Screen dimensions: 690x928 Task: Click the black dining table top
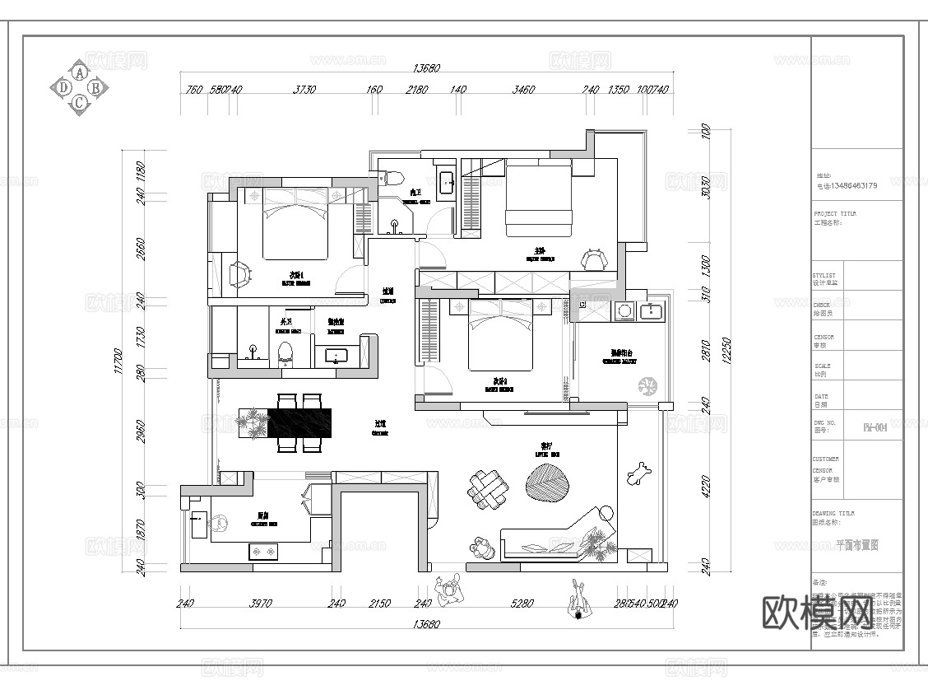(x=300, y=423)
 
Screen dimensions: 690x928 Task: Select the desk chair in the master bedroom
(x=594, y=260)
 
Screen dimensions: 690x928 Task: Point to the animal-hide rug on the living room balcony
(x=638, y=473)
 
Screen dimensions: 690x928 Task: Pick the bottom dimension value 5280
(x=523, y=604)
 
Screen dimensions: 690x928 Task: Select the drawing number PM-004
(x=874, y=427)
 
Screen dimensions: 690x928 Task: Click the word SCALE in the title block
(x=822, y=366)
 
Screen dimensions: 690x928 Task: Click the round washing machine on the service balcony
(x=623, y=310)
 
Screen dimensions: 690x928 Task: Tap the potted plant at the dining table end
(x=253, y=424)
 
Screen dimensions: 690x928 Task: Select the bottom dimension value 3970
(x=260, y=604)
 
